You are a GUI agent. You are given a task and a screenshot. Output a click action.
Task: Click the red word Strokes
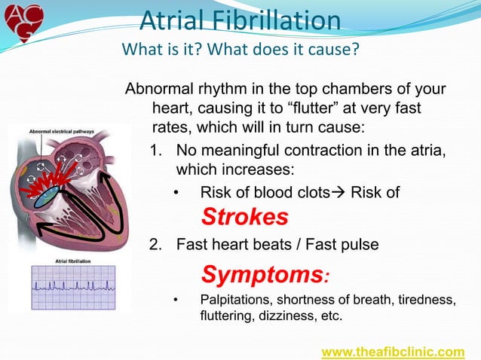point(244,217)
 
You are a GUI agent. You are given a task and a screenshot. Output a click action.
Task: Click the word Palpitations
point(237,301)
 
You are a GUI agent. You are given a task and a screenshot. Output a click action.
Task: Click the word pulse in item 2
point(357,244)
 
